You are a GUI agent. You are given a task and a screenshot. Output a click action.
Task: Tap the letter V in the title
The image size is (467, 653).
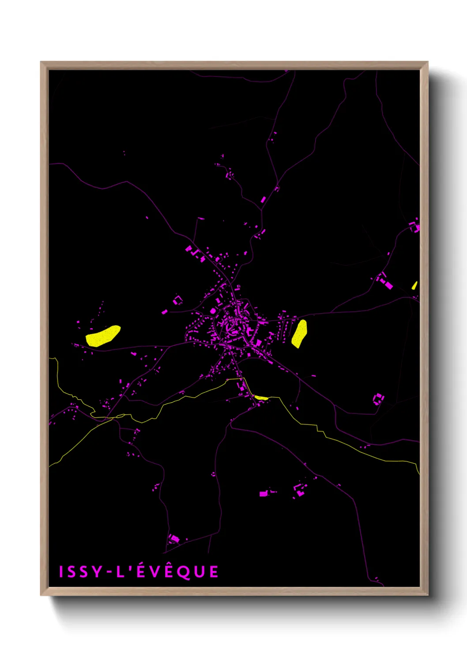(x=154, y=572)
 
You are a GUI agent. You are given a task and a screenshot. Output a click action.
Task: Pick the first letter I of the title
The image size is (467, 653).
(x=61, y=572)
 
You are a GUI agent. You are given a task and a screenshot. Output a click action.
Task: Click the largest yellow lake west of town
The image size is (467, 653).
(x=102, y=336)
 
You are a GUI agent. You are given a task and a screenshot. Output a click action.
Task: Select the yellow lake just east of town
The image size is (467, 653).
(x=299, y=333)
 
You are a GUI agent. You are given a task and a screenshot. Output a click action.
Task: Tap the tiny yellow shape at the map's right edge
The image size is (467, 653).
(x=414, y=285)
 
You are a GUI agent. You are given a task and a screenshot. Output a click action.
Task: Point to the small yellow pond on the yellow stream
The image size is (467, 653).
(x=261, y=398)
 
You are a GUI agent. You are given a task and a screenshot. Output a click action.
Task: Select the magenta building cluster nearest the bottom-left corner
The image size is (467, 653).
(x=173, y=539)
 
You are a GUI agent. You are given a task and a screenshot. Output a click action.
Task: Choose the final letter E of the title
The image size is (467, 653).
(x=214, y=572)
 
